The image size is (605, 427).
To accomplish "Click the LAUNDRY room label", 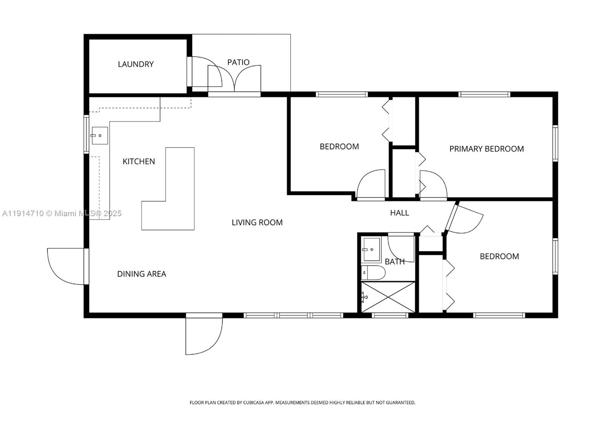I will [135, 64].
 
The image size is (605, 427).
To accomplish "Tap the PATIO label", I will [238, 62].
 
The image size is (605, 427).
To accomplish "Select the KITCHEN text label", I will [139, 161].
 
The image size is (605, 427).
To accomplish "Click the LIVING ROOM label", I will [257, 223].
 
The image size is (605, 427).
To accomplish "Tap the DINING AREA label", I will [141, 274].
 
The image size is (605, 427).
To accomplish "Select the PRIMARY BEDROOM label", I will [486, 149].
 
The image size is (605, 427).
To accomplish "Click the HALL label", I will [399, 213].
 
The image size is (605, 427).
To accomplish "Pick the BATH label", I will [394, 261].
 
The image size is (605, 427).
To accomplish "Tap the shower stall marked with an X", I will [388, 297].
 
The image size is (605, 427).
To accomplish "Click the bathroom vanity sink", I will [371, 249].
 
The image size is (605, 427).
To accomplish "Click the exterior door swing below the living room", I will [202, 334].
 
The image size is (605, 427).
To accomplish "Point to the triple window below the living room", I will [293, 315].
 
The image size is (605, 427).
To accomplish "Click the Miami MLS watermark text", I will [62, 213].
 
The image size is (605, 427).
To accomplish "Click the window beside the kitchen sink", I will [86, 134].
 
